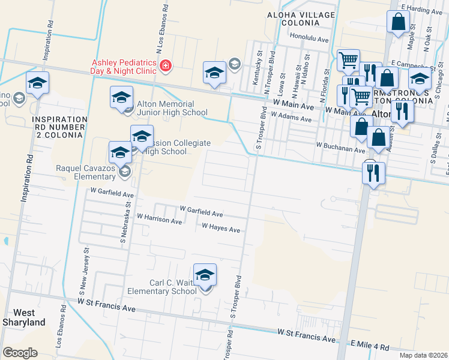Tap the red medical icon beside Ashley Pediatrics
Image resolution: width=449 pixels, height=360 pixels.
click(164, 65)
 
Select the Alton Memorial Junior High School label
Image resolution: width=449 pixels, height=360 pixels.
click(172, 108)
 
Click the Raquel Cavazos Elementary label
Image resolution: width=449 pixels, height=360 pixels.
click(86, 172)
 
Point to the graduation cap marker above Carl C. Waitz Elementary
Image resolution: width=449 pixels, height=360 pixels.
click(205, 275)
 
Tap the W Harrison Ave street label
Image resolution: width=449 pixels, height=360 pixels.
click(159, 220)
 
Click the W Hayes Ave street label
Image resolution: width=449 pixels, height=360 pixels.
click(221, 229)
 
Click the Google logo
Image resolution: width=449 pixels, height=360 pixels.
click(20, 353)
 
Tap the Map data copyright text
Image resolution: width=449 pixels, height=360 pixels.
click(423, 355)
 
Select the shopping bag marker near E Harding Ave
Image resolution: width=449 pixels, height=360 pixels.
click(399, 23)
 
